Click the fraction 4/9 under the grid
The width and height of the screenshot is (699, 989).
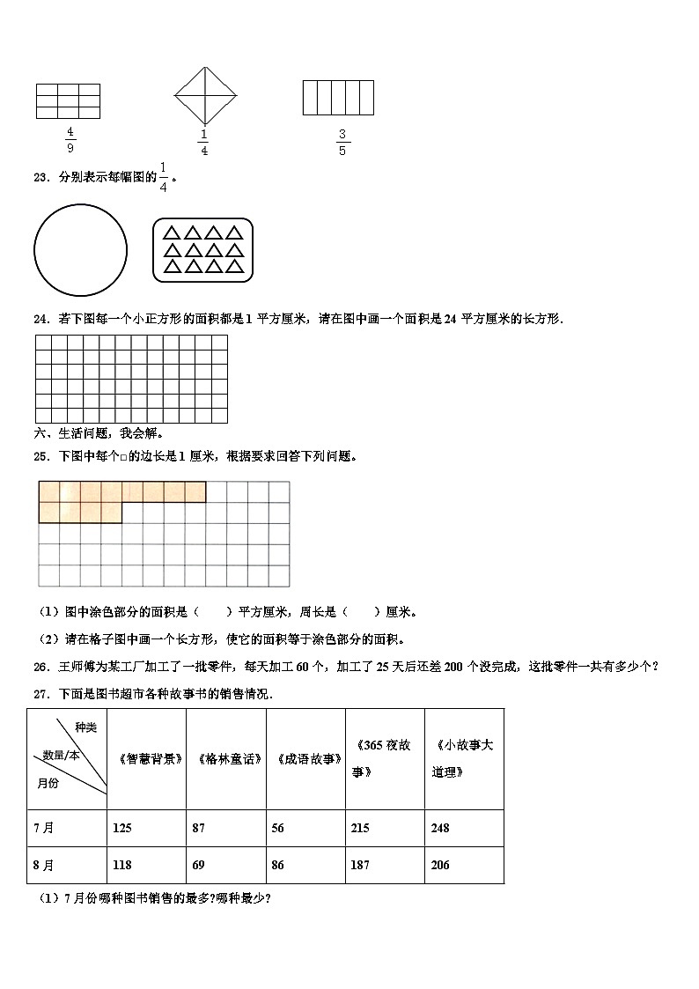click(70, 139)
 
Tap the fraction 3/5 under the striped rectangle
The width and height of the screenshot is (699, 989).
click(342, 142)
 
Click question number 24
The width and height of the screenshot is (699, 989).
click(40, 319)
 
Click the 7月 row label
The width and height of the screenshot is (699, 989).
click(44, 828)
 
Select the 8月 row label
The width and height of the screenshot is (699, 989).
click(44, 865)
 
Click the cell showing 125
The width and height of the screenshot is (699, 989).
click(122, 828)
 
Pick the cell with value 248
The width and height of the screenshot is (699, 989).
click(440, 828)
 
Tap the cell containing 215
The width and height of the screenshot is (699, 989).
click(361, 828)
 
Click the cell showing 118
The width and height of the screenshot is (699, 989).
click(122, 865)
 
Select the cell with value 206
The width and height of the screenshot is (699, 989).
click(440, 865)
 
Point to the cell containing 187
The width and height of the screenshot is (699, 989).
click(361, 865)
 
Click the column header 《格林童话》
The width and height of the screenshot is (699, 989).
click(226, 758)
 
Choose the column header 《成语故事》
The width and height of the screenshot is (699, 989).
click(306, 758)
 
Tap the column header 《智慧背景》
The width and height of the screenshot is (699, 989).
click(147, 758)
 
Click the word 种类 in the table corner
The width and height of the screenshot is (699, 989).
click(85, 727)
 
